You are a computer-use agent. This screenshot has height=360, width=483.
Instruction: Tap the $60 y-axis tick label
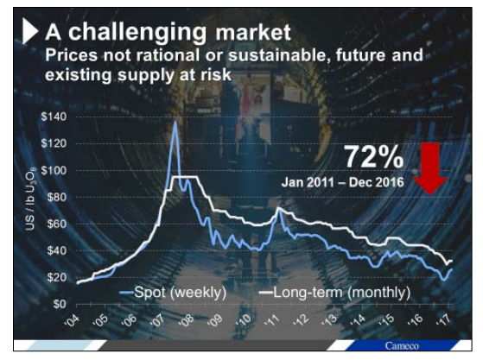point(56,224)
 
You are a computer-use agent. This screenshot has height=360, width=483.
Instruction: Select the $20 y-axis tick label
point(56,277)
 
